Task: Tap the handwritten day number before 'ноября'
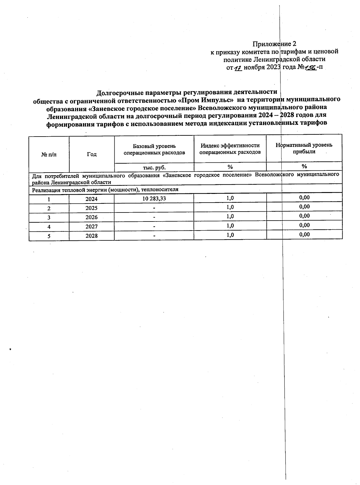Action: (238, 68)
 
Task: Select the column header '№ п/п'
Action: (49, 154)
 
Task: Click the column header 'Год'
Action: (92, 154)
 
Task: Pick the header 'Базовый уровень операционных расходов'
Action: (154, 149)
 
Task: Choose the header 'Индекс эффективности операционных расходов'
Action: (230, 149)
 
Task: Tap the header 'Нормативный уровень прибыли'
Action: (304, 148)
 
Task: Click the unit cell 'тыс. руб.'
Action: (154, 167)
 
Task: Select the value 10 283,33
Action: (154, 199)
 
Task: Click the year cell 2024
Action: (91, 199)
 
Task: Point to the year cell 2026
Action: (91, 217)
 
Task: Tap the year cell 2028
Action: (91, 236)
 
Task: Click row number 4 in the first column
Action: (49, 227)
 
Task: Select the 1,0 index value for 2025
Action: (230, 207)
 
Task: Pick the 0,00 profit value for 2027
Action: (304, 225)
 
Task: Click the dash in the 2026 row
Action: (154, 217)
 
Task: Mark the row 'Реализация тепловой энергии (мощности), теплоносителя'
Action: (105, 190)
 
